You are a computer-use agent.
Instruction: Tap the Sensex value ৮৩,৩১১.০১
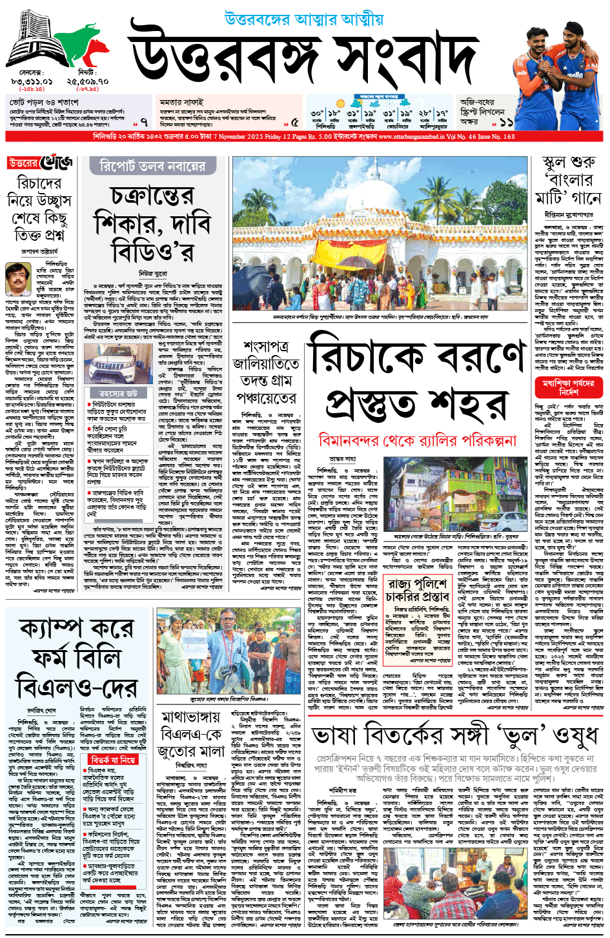[x=32, y=82]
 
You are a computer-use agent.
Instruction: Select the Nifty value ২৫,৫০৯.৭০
[x=87, y=82]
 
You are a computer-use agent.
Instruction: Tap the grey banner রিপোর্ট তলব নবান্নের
[x=152, y=167]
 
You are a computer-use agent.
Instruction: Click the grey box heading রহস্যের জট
[x=117, y=393]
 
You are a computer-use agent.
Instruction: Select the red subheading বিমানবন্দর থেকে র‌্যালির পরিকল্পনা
[x=418, y=441]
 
